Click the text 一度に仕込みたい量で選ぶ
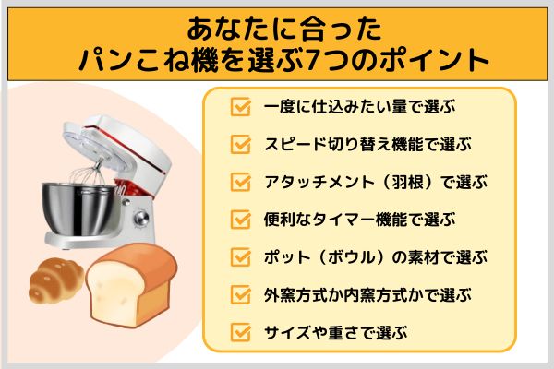[x=355, y=107]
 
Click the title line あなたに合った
[x=277, y=25]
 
